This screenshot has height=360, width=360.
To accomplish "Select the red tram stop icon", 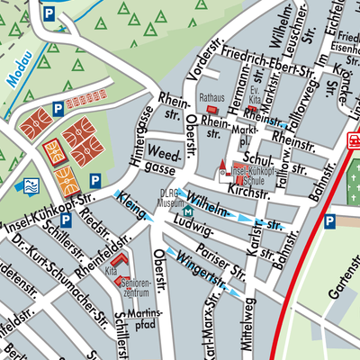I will pos(354,140).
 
